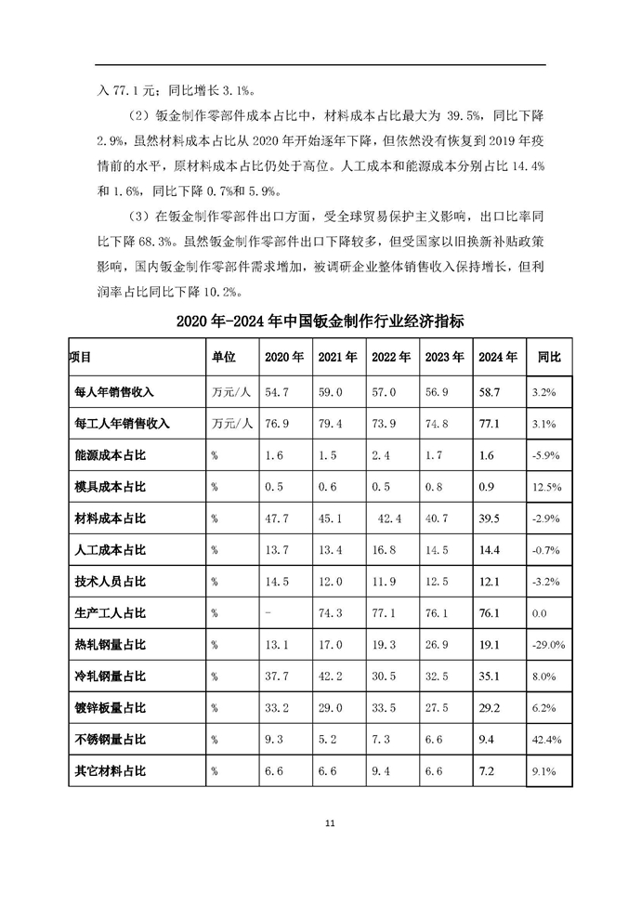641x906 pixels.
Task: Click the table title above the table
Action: click(x=320, y=322)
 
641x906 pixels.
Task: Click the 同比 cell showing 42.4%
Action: click(x=545, y=740)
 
